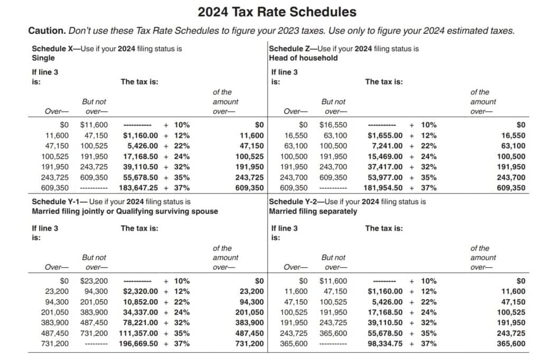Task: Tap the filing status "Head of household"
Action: [303, 58]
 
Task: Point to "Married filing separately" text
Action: [313, 211]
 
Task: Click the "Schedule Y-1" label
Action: [59, 202]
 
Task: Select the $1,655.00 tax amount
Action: [385, 136]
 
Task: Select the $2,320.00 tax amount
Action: [140, 291]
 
